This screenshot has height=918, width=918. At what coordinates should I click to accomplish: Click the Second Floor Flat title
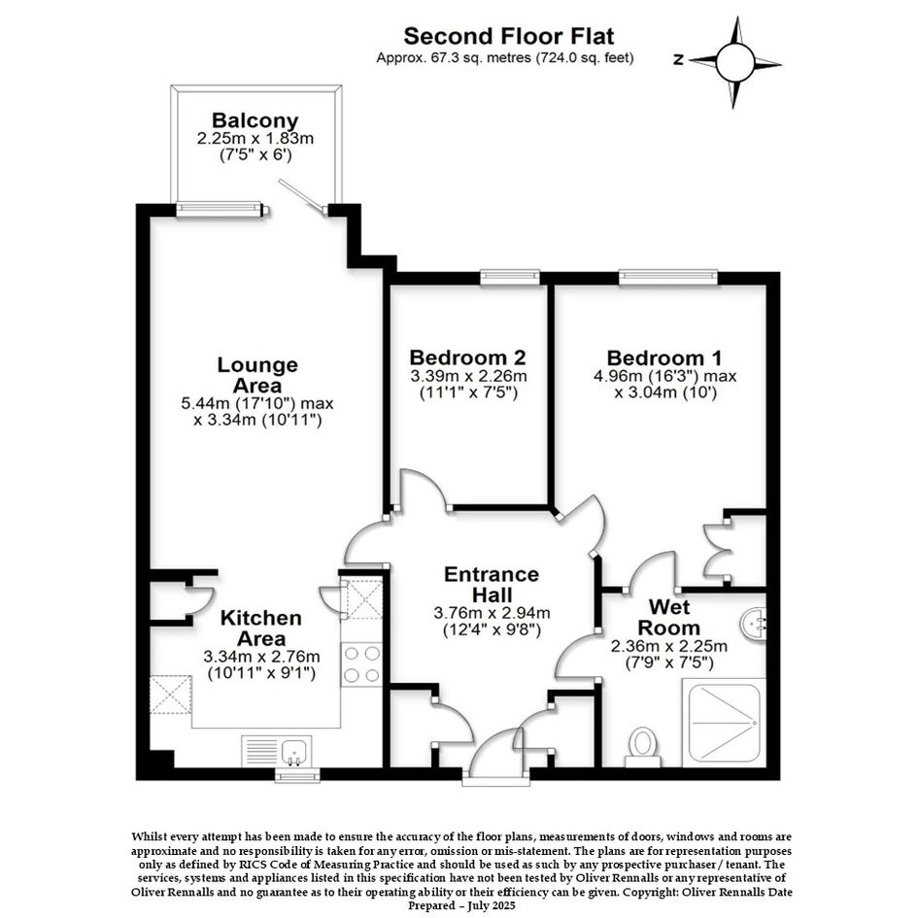click(x=509, y=36)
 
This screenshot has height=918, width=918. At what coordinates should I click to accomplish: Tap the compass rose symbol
click(x=734, y=62)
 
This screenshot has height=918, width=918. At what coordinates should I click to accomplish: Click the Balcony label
click(x=255, y=120)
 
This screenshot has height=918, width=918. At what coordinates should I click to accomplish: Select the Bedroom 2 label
click(x=467, y=357)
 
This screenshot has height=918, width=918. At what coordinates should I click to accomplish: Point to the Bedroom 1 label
click(x=664, y=357)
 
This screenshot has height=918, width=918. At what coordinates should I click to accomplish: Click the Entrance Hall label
click(x=492, y=584)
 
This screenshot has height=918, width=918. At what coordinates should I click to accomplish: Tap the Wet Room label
click(x=669, y=617)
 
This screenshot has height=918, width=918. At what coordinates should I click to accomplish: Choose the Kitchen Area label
click(x=261, y=628)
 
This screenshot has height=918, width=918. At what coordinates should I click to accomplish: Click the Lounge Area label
click(x=257, y=375)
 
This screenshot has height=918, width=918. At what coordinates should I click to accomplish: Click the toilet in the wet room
click(x=643, y=746)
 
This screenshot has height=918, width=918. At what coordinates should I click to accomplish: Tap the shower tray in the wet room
click(x=725, y=723)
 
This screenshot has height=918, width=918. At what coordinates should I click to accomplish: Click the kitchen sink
click(x=292, y=751)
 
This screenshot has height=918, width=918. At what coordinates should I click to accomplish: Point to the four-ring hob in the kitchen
click(x=361, y=663)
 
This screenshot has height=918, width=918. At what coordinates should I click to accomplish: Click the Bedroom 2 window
click(x=510, y=277)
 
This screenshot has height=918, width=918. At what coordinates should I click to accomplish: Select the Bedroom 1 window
click(x=668, y=277)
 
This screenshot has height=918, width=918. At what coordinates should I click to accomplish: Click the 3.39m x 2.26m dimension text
click(x=468, y=376)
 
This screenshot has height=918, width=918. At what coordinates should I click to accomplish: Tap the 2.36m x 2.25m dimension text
click(x=669, y=646)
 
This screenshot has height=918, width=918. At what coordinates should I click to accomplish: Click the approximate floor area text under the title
click(x=505, y=58)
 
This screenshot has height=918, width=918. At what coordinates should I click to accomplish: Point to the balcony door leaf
click(x=301, y=195)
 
